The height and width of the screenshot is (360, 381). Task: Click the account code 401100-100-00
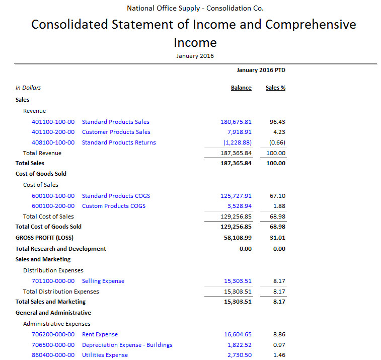(53, 122)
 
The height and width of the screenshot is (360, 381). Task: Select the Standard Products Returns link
(119, 142)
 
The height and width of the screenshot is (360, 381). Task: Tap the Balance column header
(241, 88)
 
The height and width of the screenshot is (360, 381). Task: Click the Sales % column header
(275, 88)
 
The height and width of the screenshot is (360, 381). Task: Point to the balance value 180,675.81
(236, 122)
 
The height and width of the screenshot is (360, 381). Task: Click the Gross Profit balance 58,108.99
(238, 238)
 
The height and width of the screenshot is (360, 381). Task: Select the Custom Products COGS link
(114, 206)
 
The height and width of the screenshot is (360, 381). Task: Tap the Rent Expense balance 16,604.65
(238, 334)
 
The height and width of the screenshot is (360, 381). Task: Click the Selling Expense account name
(103, 281)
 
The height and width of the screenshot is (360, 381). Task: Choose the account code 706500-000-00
(53, 345)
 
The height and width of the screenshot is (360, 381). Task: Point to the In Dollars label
(28, 88)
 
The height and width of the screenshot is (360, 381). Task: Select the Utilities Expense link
(105, 355)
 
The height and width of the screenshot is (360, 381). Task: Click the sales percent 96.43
(277, 122)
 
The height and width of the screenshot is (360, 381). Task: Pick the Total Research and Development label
(61, 249)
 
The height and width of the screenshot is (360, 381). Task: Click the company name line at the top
(195, 8)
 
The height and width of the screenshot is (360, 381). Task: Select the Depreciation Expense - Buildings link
(127, 345)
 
